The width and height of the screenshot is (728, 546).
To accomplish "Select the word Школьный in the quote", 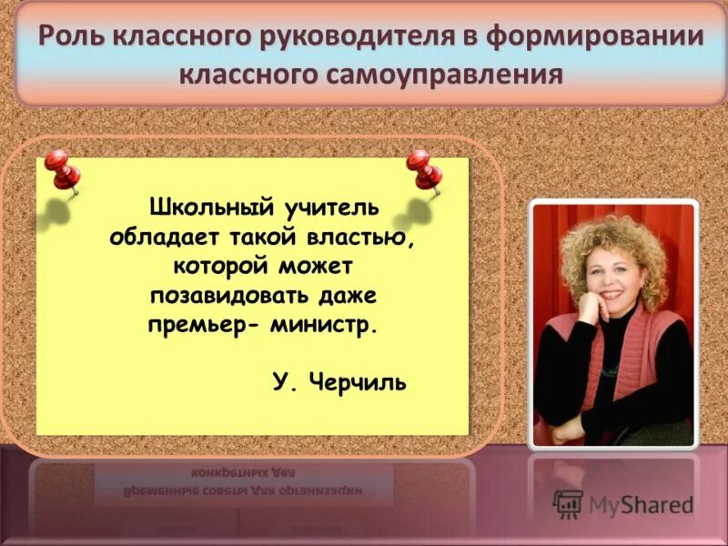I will pos(204,209).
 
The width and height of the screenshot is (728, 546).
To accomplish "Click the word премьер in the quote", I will pos(204,326).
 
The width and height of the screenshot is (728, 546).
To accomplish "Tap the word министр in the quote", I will pos(323,326).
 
